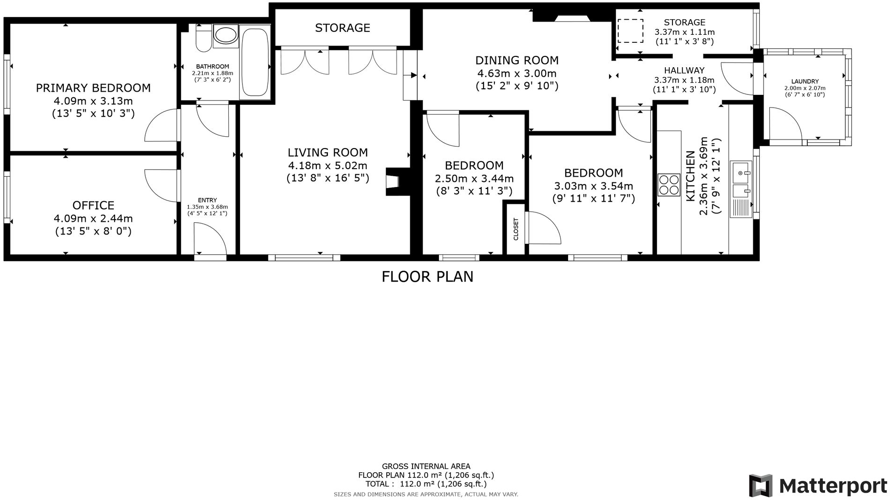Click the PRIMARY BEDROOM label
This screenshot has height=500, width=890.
click(93, 88)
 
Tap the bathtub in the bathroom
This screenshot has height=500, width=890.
click(255, 62)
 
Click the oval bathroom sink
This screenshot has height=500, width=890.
click(226, 36)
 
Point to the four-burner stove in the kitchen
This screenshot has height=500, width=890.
click(669, 185)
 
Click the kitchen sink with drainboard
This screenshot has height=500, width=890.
click(741, 189)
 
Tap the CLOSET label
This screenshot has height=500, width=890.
click(515, 229)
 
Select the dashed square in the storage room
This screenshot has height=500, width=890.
click(630, 31)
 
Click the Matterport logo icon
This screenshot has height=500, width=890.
click(761, 485)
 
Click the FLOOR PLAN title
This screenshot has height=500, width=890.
click(427, 277)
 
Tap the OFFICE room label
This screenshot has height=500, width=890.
click(93, 205)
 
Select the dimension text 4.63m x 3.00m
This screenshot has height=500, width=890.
click(517, 73)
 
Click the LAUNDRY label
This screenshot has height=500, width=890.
click(804, 81)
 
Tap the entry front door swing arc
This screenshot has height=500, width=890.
click(210, 239)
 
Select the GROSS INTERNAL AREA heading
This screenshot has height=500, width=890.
click(426, 466)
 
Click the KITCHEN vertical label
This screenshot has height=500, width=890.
click(690, 176)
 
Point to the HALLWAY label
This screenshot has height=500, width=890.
click(684, 70)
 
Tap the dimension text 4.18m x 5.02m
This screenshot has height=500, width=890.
click(328, 165)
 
